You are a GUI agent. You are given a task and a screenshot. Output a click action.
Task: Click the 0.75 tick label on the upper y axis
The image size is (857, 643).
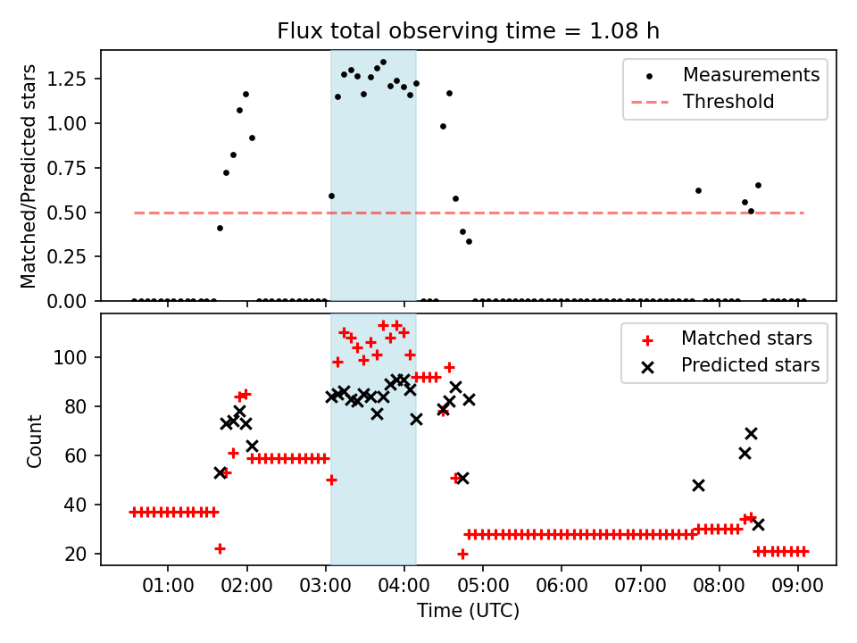[x=66, y=169]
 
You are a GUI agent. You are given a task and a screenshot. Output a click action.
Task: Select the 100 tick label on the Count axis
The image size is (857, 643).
[x=71, y=357]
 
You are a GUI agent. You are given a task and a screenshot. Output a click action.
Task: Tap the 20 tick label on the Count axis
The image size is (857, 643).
[x=76, y=555]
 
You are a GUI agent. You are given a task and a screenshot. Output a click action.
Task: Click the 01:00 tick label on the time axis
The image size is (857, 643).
[x=168, y=586]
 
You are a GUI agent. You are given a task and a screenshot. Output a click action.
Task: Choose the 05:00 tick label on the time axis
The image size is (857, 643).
[x=483, y=586]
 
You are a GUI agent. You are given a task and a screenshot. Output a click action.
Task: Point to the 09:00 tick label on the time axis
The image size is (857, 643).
[x=797, y=586]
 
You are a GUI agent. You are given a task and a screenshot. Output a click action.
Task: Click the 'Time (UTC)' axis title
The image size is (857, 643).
[x=468, y=611]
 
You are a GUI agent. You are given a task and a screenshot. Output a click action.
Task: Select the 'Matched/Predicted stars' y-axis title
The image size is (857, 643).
[x=28, y=176]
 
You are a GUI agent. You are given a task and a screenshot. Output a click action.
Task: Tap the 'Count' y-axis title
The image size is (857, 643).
[x=35, y=440]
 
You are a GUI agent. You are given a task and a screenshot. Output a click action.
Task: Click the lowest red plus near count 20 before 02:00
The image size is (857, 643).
[x=220, y=548]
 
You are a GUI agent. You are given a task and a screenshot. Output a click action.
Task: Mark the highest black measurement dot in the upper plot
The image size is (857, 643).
[x=383, y=63]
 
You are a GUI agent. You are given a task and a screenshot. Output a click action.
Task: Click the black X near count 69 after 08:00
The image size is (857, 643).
[x=751, y=434]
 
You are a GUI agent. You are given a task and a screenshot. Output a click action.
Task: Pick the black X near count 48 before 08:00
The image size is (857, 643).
[x=698, y=485]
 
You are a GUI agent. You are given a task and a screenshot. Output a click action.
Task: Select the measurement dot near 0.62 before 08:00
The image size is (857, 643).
[x=698, y=191]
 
